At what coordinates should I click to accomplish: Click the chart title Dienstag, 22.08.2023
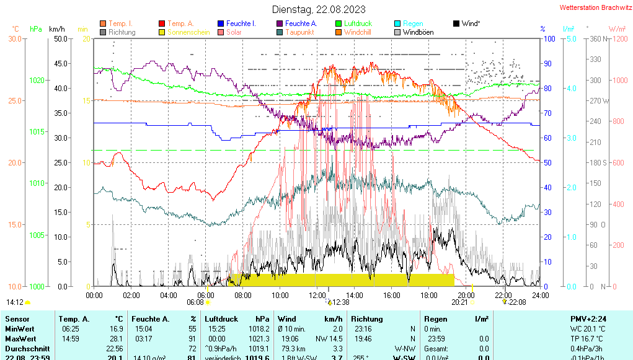(319, 9)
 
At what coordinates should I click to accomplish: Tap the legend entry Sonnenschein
(188, 32)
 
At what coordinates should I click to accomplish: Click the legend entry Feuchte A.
(302, 24)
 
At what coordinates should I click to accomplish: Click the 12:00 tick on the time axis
(317, 295)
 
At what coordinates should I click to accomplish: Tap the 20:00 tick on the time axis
(466, 295)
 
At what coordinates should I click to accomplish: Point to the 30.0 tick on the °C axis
(14, 38)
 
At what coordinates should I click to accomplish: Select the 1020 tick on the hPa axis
(37, 80)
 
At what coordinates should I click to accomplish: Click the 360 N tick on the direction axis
(597, 38)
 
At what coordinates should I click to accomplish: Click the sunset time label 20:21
(459, 302)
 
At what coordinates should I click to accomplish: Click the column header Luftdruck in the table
(221, 318)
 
